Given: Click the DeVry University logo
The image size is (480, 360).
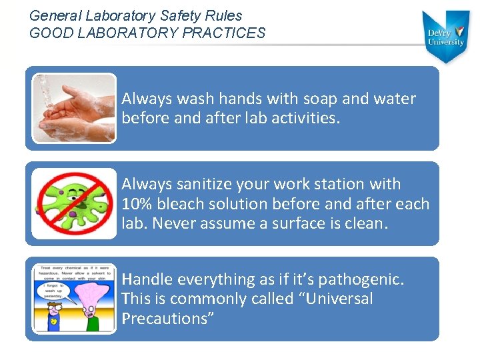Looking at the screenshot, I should (x=446, y=36).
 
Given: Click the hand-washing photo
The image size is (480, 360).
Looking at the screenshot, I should (x=74, y=107).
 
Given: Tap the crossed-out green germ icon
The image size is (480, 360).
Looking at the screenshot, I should (x=74, y=203).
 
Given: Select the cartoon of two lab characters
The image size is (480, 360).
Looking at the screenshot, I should (x=74, y=299).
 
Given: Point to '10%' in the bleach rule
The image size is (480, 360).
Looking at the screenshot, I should (x=138, y=204).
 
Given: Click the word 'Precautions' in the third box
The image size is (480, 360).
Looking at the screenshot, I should (x=167, y=319).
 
